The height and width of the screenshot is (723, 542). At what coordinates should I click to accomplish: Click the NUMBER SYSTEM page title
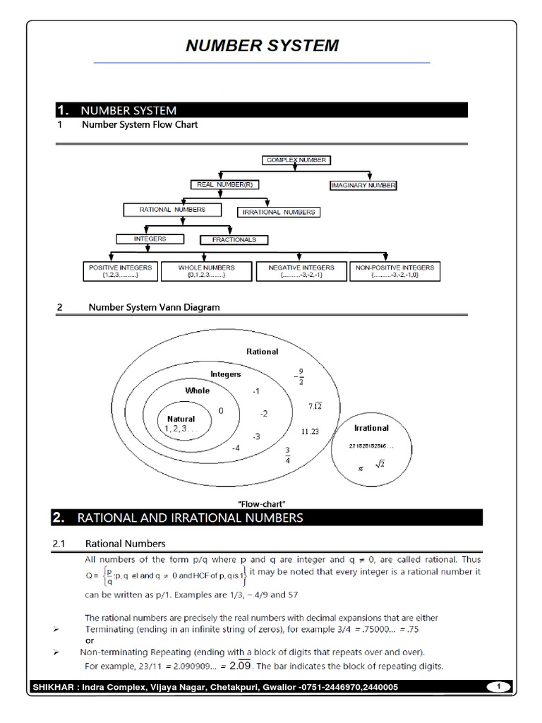[262, 46]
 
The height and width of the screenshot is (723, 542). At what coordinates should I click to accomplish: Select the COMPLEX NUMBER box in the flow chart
[296, 160]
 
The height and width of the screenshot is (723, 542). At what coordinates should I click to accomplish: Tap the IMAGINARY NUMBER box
[363, 186]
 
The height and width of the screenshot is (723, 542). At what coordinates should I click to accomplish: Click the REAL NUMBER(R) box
[222, 185]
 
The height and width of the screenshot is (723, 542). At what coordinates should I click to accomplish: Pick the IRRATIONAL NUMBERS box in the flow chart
[279, 212]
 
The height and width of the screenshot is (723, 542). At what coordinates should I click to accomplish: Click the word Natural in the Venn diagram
[181, 419]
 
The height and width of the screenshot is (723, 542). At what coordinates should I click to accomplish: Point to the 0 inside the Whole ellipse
[221, 410]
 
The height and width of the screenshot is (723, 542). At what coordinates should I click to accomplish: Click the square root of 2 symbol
[379, 463]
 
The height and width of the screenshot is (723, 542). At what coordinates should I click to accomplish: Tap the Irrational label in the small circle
[371, 428]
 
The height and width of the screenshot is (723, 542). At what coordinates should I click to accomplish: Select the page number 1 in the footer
[498, 686]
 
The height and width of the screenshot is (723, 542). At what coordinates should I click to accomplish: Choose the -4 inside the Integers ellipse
[236, 448]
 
